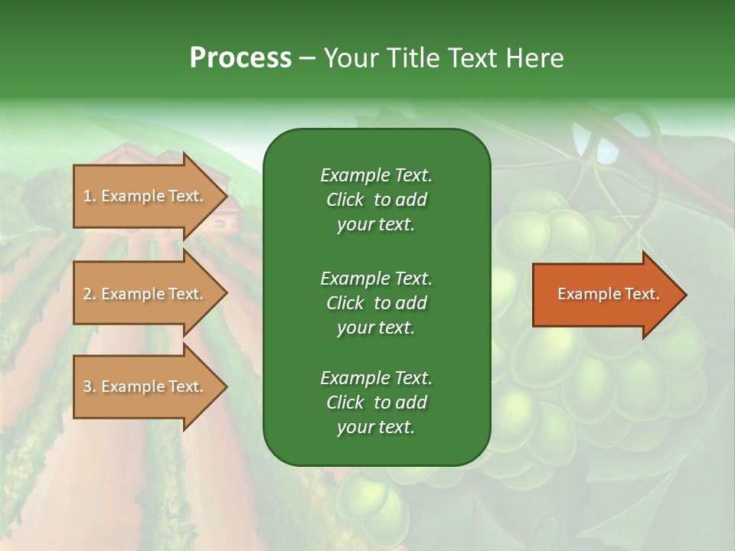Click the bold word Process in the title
pos(240,58)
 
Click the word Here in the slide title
pos(534,58)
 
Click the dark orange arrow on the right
pos(605,295)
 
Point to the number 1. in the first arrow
pos(90,196)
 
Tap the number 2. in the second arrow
pos(90,294)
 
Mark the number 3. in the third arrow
pos(90,386)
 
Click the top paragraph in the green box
pos(376,200)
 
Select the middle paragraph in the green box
pos(376,303)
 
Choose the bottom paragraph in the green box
pos(376,403)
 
